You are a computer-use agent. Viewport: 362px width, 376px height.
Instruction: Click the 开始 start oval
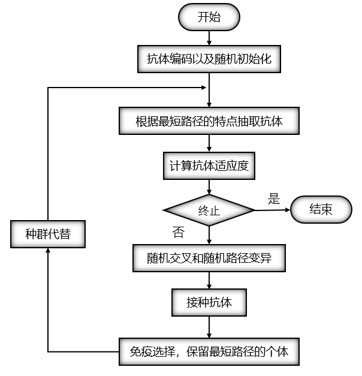point(209,17)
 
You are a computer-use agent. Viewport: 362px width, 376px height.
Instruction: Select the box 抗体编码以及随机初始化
point(210,59)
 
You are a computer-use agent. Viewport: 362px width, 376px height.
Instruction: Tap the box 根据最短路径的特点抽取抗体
point(209,122)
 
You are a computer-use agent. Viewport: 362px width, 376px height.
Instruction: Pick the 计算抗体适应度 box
point(209,166)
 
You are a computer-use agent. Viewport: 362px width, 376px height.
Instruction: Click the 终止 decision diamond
point(209,210)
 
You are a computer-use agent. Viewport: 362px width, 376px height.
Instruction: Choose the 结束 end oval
point(321,209)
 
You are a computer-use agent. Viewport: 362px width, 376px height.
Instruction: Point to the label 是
point(274,199)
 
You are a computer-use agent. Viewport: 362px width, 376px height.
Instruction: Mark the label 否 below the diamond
point(177,231)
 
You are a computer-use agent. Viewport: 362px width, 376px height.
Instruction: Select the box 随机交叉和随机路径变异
point(209,258)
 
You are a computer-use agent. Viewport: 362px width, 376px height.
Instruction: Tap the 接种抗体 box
point(209,303)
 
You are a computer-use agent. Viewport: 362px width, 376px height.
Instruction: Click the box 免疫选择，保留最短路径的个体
point(209,351)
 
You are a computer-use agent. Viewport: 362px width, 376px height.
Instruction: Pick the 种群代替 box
point(48,234)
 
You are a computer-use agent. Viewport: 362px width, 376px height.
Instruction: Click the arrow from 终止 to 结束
point(273,210)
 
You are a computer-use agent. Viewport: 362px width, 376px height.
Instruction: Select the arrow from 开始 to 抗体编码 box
point(209,37)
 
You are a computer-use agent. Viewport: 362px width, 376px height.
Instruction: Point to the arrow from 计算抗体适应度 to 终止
point(209,187)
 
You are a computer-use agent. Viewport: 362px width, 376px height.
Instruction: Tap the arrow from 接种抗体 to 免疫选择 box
point(209,327)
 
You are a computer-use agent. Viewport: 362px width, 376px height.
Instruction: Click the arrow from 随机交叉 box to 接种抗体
point(209,281)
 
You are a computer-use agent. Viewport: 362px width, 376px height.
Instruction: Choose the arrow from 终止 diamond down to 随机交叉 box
point(209,234)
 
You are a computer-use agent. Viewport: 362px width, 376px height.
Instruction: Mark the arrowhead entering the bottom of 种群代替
point(48,251)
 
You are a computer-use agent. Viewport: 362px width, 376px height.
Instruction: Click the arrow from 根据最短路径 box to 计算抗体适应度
point(209,143)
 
